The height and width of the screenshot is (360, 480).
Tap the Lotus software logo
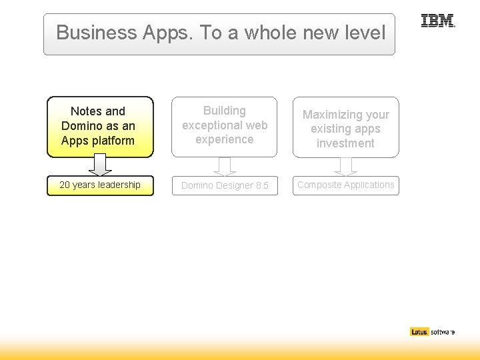coord(432,331)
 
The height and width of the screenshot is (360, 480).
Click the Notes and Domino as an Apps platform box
coord(100,126)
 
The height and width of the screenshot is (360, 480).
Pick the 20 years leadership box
coord(100,185)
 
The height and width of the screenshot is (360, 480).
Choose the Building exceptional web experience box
coord(225,126)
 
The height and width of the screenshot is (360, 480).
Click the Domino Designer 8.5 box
coord(225,186)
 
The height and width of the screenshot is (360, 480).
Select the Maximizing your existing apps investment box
coord(345,129)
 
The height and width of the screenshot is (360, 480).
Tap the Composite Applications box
coord(345,185)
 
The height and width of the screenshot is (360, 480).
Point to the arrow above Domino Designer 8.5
coord(225,166)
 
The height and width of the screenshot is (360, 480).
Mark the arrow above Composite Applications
coord(345,166)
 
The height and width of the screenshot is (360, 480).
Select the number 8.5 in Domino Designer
coord(261,186)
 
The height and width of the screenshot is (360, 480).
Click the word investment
coord(345,143)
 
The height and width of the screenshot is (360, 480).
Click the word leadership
coord(118,185)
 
